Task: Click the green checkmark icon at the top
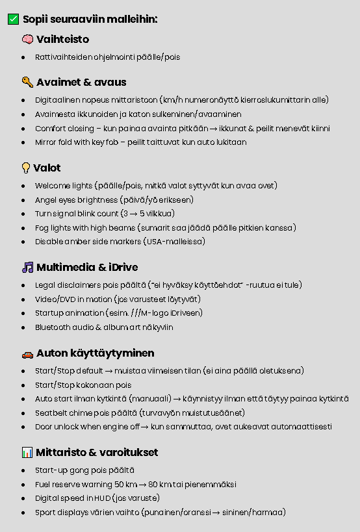pos(13,19)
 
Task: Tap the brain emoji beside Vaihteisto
pos(27,40)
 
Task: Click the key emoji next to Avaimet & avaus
pos(27,82)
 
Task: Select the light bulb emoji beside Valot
pos(26,168)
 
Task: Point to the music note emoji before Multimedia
pos(27,268)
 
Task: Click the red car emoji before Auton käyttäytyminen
pos(27,354)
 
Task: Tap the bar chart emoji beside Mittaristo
pos(27,453)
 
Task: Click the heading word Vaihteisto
pos(62,40)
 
